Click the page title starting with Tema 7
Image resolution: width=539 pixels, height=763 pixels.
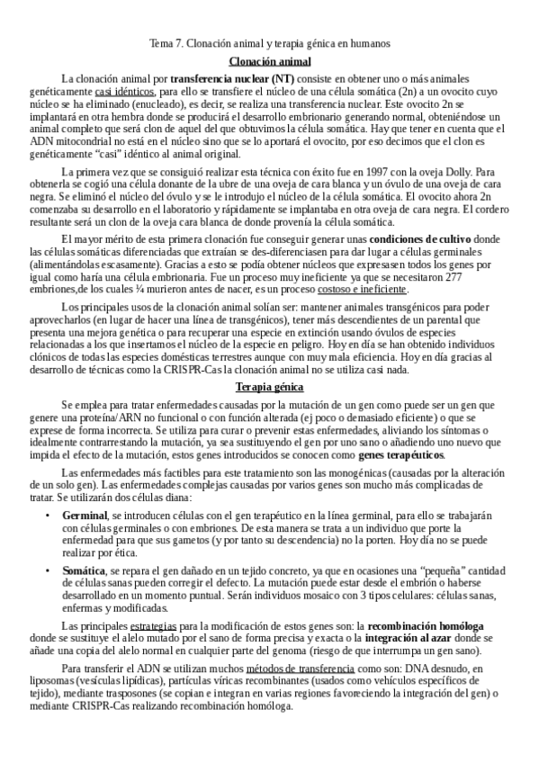click(269, 43)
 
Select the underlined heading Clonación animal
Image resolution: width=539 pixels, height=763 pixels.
click(270, 61)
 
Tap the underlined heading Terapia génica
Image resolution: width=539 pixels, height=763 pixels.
click(269, 411)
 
